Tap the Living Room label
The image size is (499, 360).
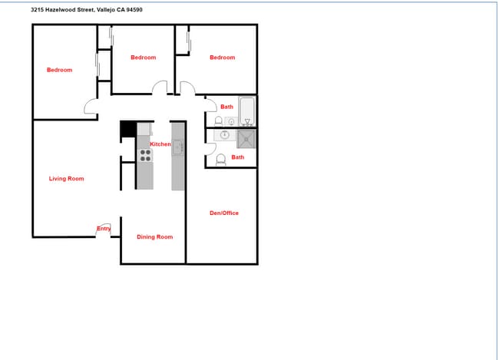(x=66, y=179)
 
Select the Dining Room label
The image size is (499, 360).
(x=154, y=237)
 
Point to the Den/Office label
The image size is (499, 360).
(x=224, y=213)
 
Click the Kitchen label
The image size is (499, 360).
(x=160, y=144)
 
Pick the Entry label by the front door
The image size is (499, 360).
(x=104, y=228)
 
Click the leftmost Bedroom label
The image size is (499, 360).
(x=59, y=70)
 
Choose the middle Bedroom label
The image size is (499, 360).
(x=143, y=58)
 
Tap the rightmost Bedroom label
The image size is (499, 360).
(x=222, y=58)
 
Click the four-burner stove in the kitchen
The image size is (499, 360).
(x=144, y=156)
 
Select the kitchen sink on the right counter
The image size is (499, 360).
(x=177, y=147)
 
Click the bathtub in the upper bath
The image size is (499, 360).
(x=247, y=111)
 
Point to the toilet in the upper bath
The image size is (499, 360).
(x=219, y=121)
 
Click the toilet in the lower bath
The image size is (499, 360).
(x=221, y=160)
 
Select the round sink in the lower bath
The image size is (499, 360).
(x=225, y=135)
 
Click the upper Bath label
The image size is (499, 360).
(x=227, y=107)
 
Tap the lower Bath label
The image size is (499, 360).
(x=238, y=157)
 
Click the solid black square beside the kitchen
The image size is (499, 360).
(x=127, y=130)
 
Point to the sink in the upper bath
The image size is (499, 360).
(x=231, y=121)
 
